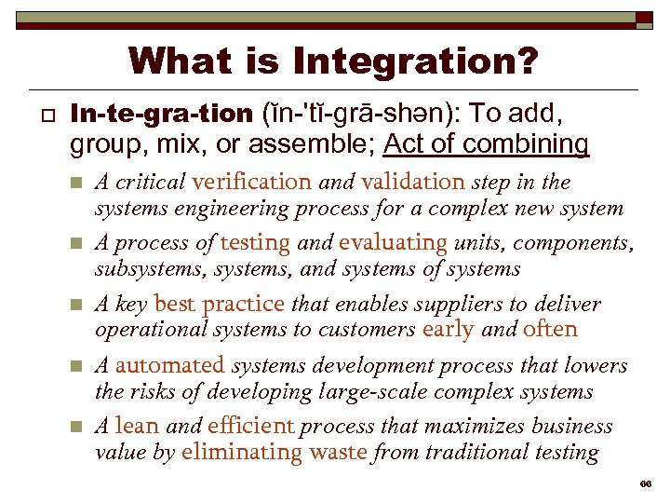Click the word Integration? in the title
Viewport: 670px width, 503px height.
pyautogui.click(x=415, y=61)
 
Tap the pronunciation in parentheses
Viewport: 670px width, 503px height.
pyautogui.click(x=364, y=115)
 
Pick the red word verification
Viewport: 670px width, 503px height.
pyautogui.click(x=251, y=182)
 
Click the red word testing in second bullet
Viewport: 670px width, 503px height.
pyautogui.click(x=255, y=243)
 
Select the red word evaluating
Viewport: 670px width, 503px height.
pyautogui.click(x=393, y=243)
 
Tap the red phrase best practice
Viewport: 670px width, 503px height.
pyautogui.click(x=219, y=304)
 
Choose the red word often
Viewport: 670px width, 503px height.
pyautogui.click(x=550, y=329)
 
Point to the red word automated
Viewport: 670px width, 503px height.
pyautogui.click(x=170, y=366)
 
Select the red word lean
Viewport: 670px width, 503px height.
pyautogui.click(x=137, y=427)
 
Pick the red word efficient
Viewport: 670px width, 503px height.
pyautogui.click(x=250, y=427)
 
